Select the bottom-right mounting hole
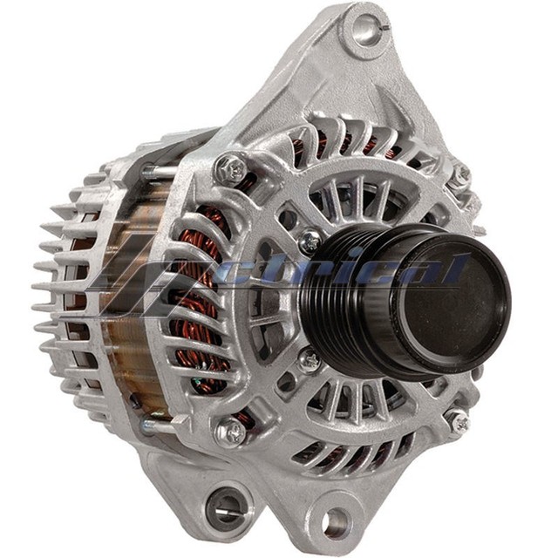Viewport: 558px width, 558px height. coord(336,522)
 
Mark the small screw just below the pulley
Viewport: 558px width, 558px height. coord(309,357)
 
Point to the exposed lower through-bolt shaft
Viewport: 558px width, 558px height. coord(157,426)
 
